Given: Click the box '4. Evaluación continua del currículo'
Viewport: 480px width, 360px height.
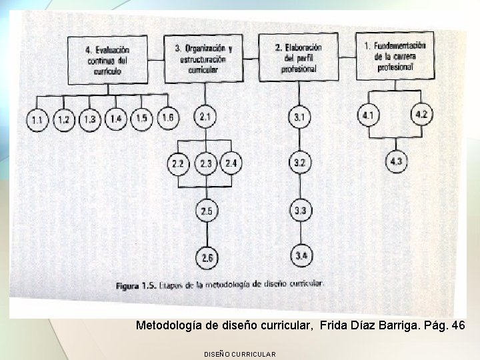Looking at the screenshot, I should pyautogui.click(x=107, y=60).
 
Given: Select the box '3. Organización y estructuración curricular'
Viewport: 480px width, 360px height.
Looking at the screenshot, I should pyautogui.click(x=203, y=59).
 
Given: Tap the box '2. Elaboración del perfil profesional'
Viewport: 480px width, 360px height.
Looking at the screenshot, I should pyautogui.click(x=298, y=57).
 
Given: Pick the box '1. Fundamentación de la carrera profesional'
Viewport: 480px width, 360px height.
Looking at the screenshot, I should pyautogui.click(x=394, y=56).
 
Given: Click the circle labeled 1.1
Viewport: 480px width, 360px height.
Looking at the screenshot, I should pyautogui.click(x=37, y=121).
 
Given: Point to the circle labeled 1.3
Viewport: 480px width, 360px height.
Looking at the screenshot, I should pyautogui.click(x=89, y=120).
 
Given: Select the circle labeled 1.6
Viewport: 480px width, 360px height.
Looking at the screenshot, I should pyautogui.click(x=167, y=118).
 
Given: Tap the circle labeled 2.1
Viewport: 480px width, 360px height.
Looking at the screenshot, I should pyautogui.click(x=205, y=117).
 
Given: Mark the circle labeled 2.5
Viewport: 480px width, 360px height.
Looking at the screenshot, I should pyautogui.click(x=206, y=211).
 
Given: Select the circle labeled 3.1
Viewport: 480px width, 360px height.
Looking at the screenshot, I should pyautogui.click(x=299, y=118).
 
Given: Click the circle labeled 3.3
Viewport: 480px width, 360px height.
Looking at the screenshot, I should pyautogui.click(x=301, y=211).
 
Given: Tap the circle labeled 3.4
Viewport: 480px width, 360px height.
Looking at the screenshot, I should pyautogui.click(x=301, y=255).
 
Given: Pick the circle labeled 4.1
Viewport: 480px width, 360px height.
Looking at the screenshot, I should pyautogui.click(x=367, y=115).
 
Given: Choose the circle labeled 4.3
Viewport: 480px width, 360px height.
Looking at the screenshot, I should pyautogui.click(x=396, y=161).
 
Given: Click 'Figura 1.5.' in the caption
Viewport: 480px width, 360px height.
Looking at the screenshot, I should pyautogui.click(x=136, y=286).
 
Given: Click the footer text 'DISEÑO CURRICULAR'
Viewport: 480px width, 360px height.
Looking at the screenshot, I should pyautogui.click(x=239, y=353).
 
